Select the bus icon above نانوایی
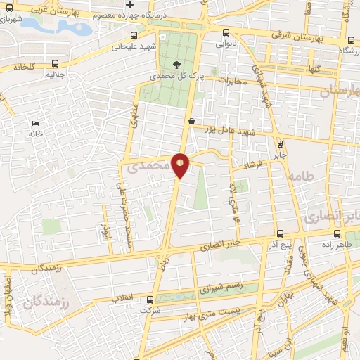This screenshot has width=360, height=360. click(226, 32)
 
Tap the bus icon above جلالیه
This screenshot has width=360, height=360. click(56, 62)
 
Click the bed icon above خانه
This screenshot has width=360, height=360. click(35, 124)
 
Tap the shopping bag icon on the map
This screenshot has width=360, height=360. click(191, 121)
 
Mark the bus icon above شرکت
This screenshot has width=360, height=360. click(149, 299)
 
